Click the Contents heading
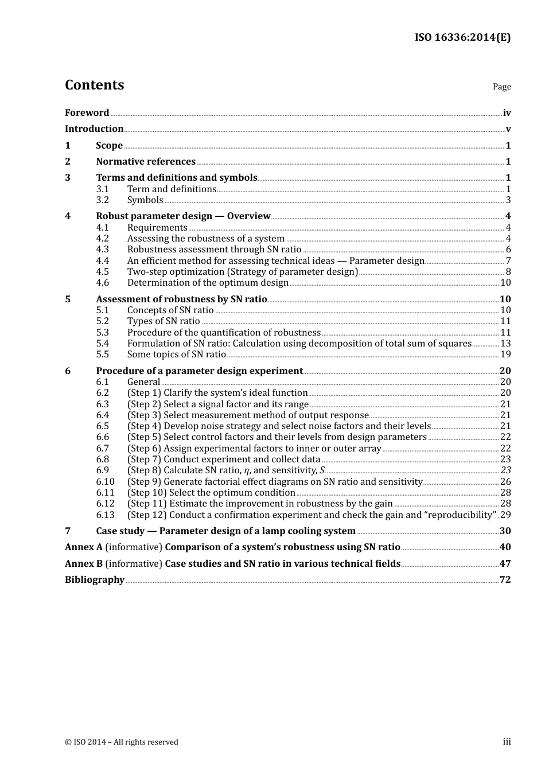[94, 85]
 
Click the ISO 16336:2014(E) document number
[462, 37]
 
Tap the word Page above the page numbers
[501, 87]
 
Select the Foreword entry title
[87, 112]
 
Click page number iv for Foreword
[507, 113]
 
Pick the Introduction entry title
[94, 128]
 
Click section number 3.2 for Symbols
[102, 200]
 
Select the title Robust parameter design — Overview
[183, 216]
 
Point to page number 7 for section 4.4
[508, 260]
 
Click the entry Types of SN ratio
[163, 321]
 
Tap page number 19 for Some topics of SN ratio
[505, 354]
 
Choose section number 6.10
[105, 481]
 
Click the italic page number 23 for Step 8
[505, 470]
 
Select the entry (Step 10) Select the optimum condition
[211, 492]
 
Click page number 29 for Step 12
[505, 515]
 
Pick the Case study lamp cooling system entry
[225, 531]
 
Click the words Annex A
[84, 547]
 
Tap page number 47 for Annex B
[505, 563]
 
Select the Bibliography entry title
[95, 579]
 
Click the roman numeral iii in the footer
[507, 742]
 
